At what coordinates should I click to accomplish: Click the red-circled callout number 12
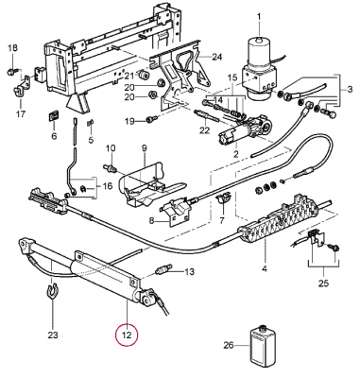point(127,335)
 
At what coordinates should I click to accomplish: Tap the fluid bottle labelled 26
point(261,346)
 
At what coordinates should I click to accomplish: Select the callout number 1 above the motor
point(259,15)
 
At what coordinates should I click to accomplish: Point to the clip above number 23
point(52,292)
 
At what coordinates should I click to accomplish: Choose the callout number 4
point(265,268)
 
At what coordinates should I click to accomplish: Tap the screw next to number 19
point(151,120)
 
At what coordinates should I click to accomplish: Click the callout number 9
point(145,147)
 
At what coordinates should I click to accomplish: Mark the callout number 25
point(323,283)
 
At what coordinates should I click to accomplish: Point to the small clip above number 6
point(53,115)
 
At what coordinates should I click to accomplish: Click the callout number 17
point(21,113)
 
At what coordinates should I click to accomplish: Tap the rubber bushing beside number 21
point(145,75)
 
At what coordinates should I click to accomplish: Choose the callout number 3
point(351,89)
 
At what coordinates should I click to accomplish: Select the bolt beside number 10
point(111,168)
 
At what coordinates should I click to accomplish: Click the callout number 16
point(108,186)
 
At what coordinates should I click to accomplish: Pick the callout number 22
point(205,129)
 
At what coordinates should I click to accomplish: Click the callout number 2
point(236,154)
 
